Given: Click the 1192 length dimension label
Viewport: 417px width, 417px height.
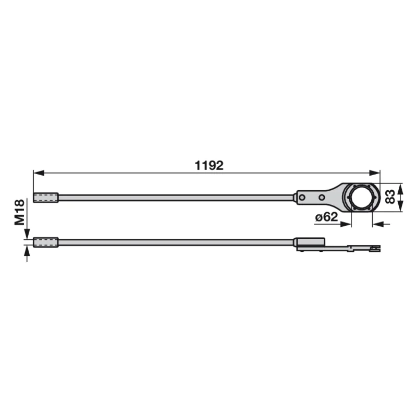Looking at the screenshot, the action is pyautogui.click(x=209, y=165).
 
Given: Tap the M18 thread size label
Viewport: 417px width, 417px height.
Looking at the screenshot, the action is pyautogui.click(x=20, y=212).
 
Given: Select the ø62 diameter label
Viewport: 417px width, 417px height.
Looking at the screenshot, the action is pyautogui.click(x=326, y=217).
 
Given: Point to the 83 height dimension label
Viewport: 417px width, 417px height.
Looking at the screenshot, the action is pyautogui.click(x=390, y=197).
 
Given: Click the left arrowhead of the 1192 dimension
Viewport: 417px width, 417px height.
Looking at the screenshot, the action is pyautogui.click(x=39, y=173).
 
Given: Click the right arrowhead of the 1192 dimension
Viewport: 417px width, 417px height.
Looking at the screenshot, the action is pyautogui.click(x=374, y=173).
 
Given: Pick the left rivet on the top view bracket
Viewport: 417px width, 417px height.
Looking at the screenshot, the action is pyautogui.click(x=302, y=198).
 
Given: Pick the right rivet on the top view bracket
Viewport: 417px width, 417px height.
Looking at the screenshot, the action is pyautogui.click(x=322, y=198).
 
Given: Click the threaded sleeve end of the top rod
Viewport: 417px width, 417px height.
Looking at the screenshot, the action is pyautogui.click(x=46, y=198).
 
